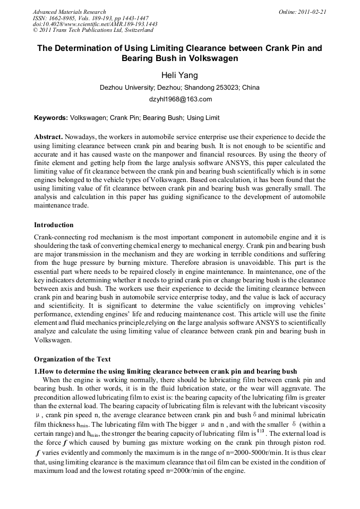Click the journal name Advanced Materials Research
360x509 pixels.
[x=69, y=12]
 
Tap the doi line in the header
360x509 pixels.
[x=95, y=24]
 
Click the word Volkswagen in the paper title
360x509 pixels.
[x=208, y=58]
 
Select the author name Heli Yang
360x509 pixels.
[x=179, y=75]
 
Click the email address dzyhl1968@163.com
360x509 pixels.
[x=179, y=99]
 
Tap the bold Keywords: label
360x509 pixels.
[x=51, y=118]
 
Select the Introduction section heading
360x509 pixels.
[x=54, y=225]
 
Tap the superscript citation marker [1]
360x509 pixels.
[x=260, y=432]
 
